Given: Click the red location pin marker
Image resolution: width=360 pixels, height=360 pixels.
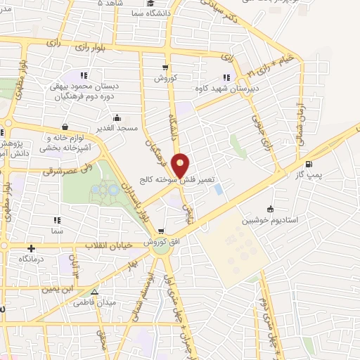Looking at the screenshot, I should tap(181, 165).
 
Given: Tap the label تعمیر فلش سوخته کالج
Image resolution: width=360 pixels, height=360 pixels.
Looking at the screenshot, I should tap(181, 179).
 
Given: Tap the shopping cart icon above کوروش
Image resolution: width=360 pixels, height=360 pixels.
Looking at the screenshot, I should tap(165, 68).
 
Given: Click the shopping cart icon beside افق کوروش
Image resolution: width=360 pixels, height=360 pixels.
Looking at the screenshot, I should tap(161, 231).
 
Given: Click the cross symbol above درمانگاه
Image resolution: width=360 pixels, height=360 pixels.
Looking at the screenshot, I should tap(31, 248).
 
